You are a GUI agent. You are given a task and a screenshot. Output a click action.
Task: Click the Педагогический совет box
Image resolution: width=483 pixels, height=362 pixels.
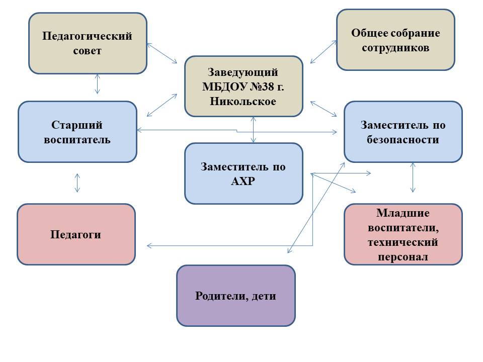(x=88, y=43)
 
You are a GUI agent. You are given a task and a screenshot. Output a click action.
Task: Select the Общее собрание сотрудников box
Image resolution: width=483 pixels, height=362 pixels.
(x=395, y=40)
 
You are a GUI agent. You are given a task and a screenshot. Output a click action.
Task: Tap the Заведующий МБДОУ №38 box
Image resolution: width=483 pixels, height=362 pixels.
(x=244, y=86)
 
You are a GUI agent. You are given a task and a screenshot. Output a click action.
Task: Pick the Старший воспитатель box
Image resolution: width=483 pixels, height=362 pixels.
(x=77, y=132)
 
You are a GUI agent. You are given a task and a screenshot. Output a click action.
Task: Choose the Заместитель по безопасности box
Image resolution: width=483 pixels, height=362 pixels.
(x=403, y=132)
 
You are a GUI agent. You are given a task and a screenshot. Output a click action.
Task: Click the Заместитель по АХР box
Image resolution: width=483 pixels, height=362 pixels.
(x=244, y=173)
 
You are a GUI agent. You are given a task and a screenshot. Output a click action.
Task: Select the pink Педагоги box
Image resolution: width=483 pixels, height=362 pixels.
(x=76, y=234)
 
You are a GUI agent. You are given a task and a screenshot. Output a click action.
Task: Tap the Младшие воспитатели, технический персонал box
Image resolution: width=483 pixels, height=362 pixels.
(x=403, y=234)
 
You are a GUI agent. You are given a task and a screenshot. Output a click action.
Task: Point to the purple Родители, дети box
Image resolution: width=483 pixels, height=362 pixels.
(x=236, y=296)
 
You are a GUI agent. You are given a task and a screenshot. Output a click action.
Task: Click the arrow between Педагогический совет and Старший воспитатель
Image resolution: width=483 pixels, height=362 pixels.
(x=97, y=84)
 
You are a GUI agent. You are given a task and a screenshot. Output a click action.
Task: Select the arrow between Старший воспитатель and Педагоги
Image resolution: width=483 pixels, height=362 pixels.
(x=77, y=183)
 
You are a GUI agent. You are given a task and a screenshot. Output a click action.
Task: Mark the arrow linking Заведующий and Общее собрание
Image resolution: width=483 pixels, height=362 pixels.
(x=324, y=52)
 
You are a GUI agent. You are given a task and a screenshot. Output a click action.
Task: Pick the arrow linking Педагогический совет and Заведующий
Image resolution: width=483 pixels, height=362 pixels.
(x=162, y=53)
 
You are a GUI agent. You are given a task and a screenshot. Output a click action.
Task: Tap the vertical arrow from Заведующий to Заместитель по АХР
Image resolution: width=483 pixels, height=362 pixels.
(x=253, y=130)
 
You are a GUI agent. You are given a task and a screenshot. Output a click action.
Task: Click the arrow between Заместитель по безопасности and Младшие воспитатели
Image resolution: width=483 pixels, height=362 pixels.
(x=413, y=177)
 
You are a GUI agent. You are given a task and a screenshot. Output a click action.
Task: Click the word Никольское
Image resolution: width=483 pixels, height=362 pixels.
(x=243, y=101)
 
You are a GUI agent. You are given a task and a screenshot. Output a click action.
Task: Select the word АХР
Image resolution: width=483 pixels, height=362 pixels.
(x=243, y=181)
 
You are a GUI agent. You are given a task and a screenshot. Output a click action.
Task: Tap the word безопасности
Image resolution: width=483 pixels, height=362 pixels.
(x=403, y=139)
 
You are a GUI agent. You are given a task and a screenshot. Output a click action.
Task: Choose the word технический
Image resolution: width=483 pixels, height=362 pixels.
(x=403, y=242)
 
